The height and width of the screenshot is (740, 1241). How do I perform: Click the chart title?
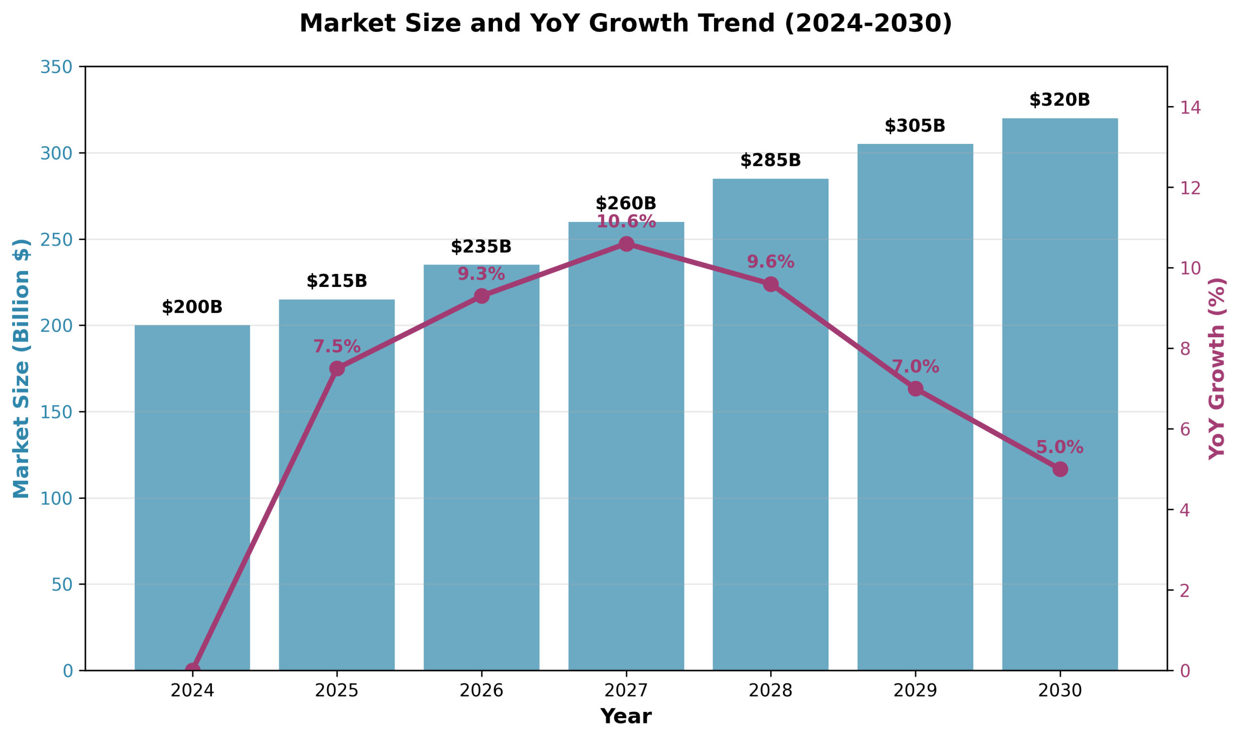coord(625,23)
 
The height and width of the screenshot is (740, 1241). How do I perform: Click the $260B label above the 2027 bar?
coord(625,204)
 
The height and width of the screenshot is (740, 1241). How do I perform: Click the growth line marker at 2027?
coord(626,244)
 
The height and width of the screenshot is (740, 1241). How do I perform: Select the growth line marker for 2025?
coord(337,368)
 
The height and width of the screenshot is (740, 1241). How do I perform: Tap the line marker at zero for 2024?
coord(192,670)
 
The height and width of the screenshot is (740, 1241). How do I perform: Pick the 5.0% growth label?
coord(1059,447)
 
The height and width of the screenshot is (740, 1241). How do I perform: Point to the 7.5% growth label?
coord(337,346)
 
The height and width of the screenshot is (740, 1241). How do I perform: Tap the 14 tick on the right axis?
coord(1190,107)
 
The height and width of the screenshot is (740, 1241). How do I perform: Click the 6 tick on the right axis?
coord(1185,429)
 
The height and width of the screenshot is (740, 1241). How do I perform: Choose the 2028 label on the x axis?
coord(770,691)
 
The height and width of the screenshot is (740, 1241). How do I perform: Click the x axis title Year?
coord(625,717)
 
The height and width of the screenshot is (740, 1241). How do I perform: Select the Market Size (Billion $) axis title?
coord(21,368)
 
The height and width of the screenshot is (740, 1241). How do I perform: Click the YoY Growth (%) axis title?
coord(1217,368)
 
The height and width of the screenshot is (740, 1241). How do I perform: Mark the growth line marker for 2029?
coord(915,389)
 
